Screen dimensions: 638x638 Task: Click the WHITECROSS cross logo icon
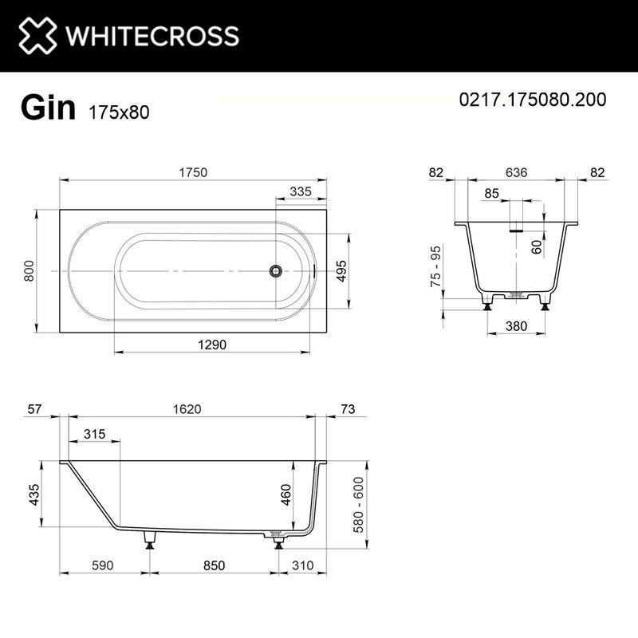[x=38, y=36]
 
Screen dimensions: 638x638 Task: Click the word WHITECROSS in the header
[x=152, y=36]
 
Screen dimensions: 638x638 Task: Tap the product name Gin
[x=48, y=108]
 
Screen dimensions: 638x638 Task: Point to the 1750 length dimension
[x=193, y=173]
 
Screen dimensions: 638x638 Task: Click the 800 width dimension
[x=30, y=271]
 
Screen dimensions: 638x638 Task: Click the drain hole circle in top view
[x=275, y=271]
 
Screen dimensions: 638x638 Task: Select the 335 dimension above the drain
[x=300, y=191]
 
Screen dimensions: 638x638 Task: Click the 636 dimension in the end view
[x=516, y=173]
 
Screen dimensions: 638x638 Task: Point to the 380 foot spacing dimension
[x=517, y=325]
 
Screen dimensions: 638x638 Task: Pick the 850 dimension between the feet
[x=213, y=565]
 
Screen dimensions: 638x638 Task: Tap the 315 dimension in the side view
[x=94, y=434]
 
